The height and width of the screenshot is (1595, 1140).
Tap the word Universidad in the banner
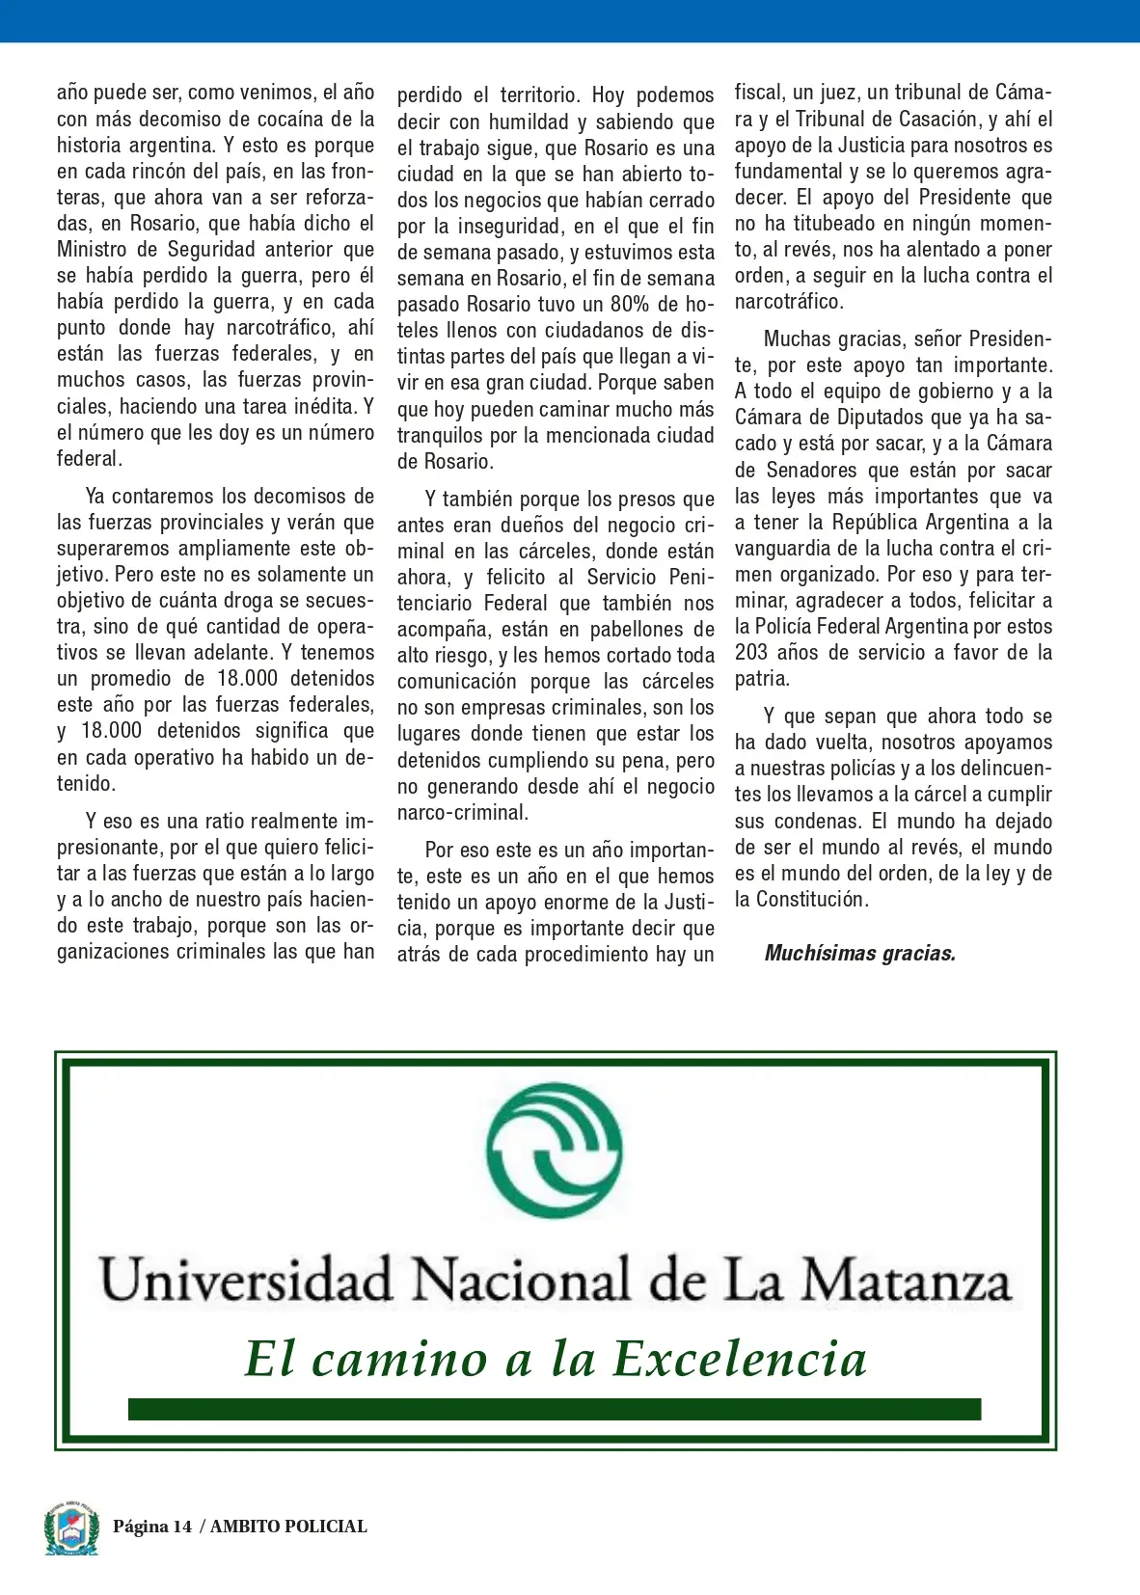(x=247, y=1281)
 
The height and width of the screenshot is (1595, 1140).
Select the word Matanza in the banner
(x=907, y=1281)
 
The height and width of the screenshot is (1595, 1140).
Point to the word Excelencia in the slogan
(x=740, y=1359)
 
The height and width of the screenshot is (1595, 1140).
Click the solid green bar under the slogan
(x=555, y=1409)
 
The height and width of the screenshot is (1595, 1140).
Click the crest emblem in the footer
(x=71, y=1527)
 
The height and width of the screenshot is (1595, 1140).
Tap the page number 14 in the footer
(x=182, y=1527)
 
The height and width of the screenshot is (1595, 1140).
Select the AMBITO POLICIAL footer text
(x=288, y=1527)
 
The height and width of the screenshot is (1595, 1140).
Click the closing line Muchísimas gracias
(x=859, y=954)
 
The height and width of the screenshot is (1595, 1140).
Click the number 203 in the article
(x=751, y=653)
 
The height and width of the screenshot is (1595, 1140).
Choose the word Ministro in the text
(x=92, y=250)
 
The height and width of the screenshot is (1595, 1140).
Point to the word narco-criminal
(x=462, y=813)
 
